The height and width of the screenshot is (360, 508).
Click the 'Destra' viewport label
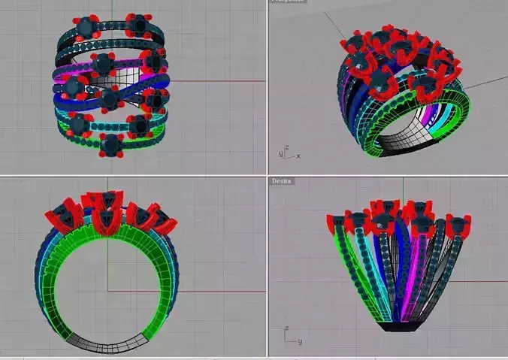pos(282,181)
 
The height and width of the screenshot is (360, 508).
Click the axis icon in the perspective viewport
pos(286,153)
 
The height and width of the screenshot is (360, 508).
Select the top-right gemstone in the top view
pos(136,26)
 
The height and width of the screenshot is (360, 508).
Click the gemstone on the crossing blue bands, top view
pos(109,98)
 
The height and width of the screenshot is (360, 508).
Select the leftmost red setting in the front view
pos(60,216)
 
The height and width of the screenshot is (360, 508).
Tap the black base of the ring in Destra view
pos(398,327)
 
